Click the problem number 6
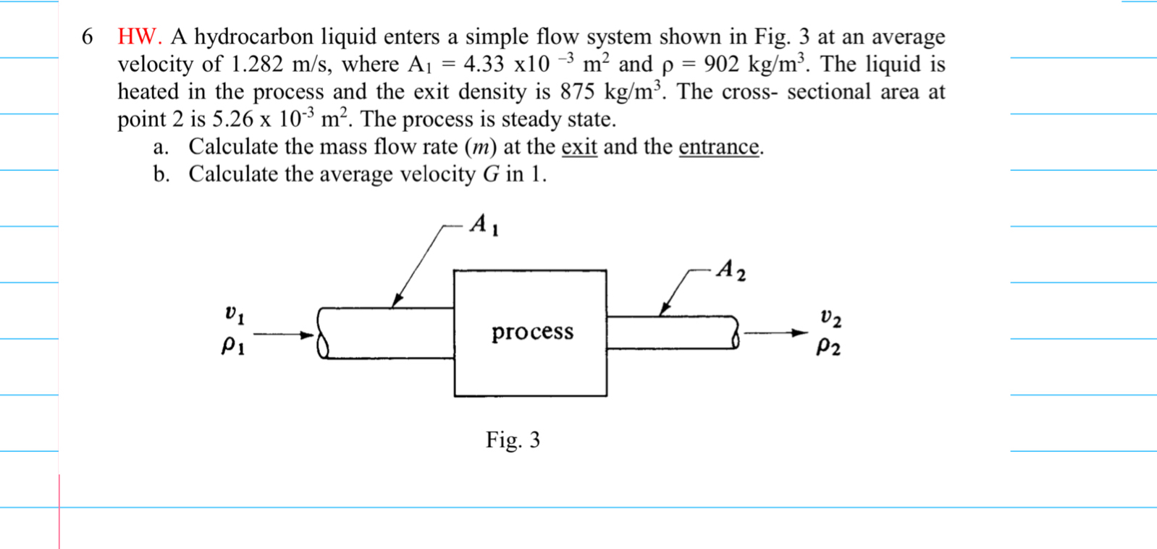tap(88, 37)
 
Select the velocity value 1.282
tap(256, 64)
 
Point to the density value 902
tap(720, 64)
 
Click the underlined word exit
tap(578, 147)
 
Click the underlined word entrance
tap(718, 147)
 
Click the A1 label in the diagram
tap(484, 225)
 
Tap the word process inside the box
tap(532, 332)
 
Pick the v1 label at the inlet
tap(234, 314)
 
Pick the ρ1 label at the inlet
tap(232, 347)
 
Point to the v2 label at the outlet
tap(830, 317)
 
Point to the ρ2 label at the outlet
tap(828, 348)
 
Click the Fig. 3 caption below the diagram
tap(513, 440)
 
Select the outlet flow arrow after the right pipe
tap(775, 333)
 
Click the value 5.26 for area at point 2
tap(232, 120)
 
